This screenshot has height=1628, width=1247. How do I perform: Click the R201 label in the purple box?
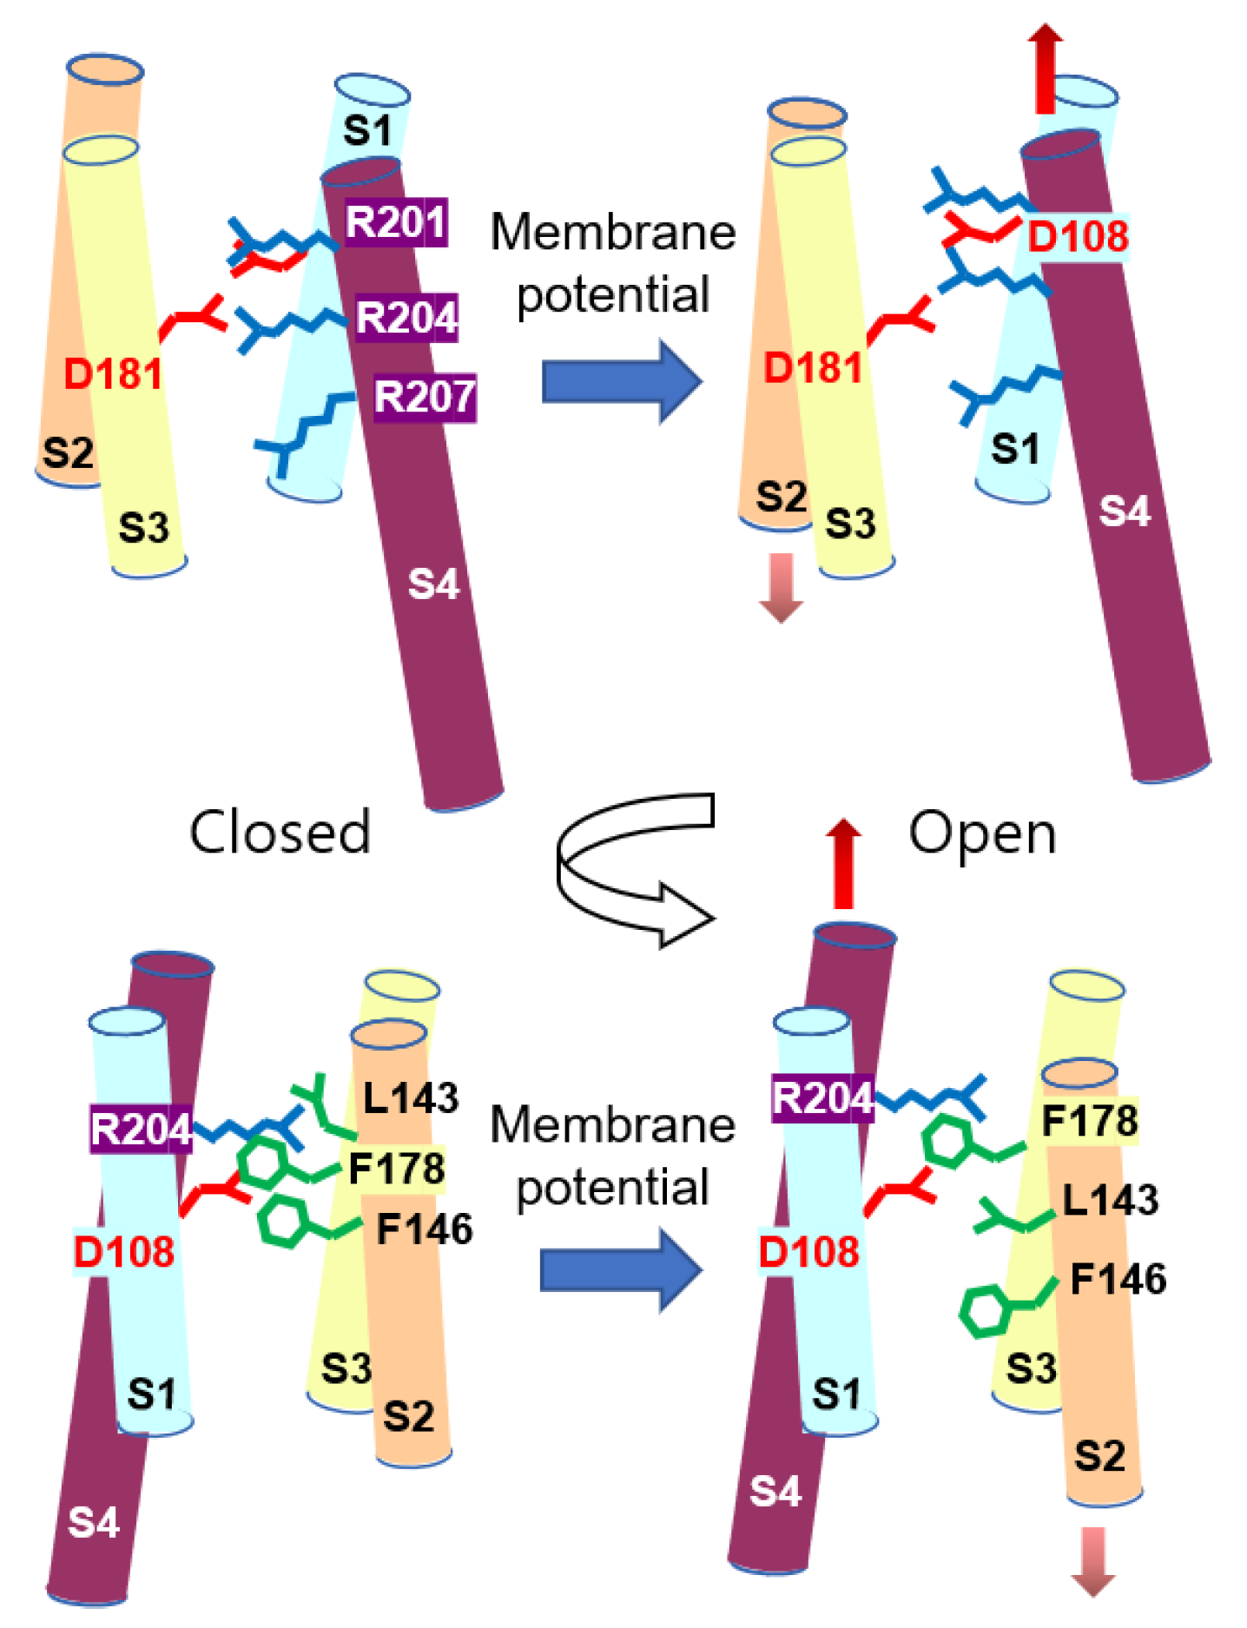[396, 223]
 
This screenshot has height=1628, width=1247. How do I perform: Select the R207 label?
[425, 398]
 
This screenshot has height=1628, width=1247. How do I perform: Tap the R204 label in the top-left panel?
[406, 318]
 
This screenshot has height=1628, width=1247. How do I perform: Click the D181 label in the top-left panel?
[113, 374]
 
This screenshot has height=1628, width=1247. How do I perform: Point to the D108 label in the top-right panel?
[1078, 236]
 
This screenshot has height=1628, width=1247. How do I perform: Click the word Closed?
[280, 832]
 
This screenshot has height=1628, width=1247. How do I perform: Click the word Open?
[982, 834]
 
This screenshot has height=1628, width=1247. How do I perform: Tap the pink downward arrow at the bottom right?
[1092, 1559]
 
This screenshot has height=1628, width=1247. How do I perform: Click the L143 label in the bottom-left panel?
[410, 1098]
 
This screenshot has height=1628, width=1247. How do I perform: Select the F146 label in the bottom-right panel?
[1118, 1279]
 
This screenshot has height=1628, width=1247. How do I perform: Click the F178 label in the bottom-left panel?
[397, 1169]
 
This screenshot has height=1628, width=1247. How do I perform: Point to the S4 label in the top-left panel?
[433, 584]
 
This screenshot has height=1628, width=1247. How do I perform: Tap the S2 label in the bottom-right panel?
[1099, 1455]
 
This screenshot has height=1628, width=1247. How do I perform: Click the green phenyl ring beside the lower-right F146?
[986, 1312]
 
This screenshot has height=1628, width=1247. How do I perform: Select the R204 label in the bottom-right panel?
[822, 1098]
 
